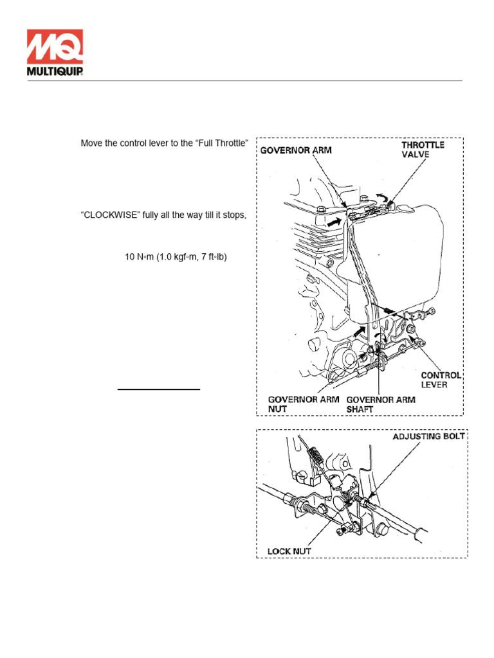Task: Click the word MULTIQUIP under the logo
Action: pyautogui.click(x=55, y=71)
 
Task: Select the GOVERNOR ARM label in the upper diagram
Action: pyautogui.click(x=295, y=151)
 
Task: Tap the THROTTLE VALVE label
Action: pyautogui.click(x=423, y=150)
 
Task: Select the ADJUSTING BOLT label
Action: pyautogui.click(x=429, y=437)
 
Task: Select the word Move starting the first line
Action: pyautogui.click(x=92, y=143)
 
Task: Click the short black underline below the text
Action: pyautogui.click(x=159, y=389)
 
